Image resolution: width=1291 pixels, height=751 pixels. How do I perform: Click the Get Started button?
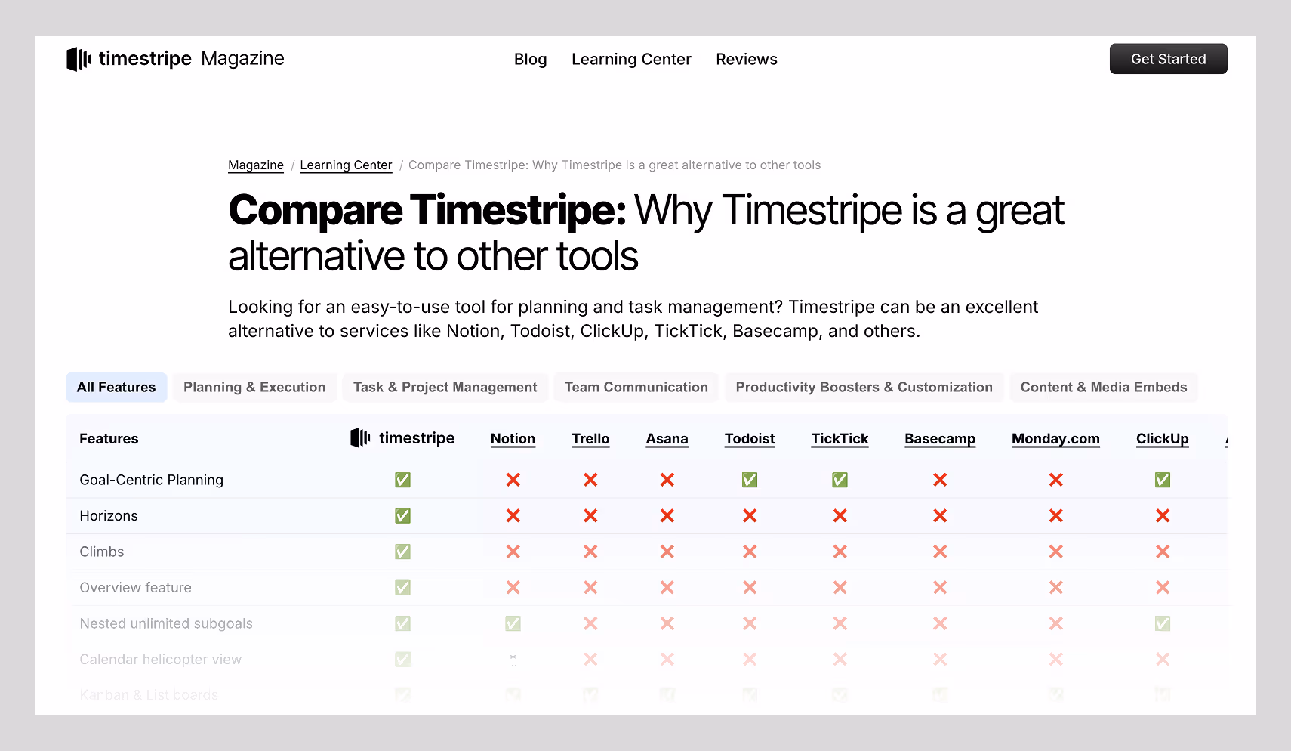point(1168,59)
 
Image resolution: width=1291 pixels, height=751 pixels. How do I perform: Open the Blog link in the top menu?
point(530,60)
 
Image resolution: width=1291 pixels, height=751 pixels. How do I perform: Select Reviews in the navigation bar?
point(746,60)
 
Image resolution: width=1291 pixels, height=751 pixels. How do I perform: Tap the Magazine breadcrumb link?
point(256,165)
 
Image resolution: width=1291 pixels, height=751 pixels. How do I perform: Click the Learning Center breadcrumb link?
point(346,165)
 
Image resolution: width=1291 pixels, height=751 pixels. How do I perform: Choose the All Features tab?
point(116,388)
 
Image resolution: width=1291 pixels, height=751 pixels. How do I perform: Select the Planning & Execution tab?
point(254,388)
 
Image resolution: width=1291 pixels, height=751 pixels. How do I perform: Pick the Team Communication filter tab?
point(636,388)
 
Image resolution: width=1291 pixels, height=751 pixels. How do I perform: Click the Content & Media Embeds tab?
point(1103,388)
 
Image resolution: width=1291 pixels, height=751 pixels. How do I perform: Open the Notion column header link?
point(513,439)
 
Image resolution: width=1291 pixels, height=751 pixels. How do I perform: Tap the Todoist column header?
point(749,439)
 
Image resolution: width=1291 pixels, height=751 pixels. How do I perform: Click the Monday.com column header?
point(1055,439)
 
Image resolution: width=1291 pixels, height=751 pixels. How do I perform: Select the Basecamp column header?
point(939,439)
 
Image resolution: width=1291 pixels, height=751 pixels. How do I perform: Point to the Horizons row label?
point(109,516)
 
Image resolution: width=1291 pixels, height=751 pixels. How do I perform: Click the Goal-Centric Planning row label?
point(151,481)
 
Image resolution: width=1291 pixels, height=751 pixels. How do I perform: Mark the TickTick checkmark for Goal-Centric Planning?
point(840,481)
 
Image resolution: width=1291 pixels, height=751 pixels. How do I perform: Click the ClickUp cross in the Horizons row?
point(1162,516)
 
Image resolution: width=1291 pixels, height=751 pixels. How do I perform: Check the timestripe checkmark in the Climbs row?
point(403,552)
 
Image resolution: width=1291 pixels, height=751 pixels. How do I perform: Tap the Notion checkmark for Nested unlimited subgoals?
point(513,624)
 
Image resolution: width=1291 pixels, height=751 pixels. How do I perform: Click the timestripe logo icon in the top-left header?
point(79,59)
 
